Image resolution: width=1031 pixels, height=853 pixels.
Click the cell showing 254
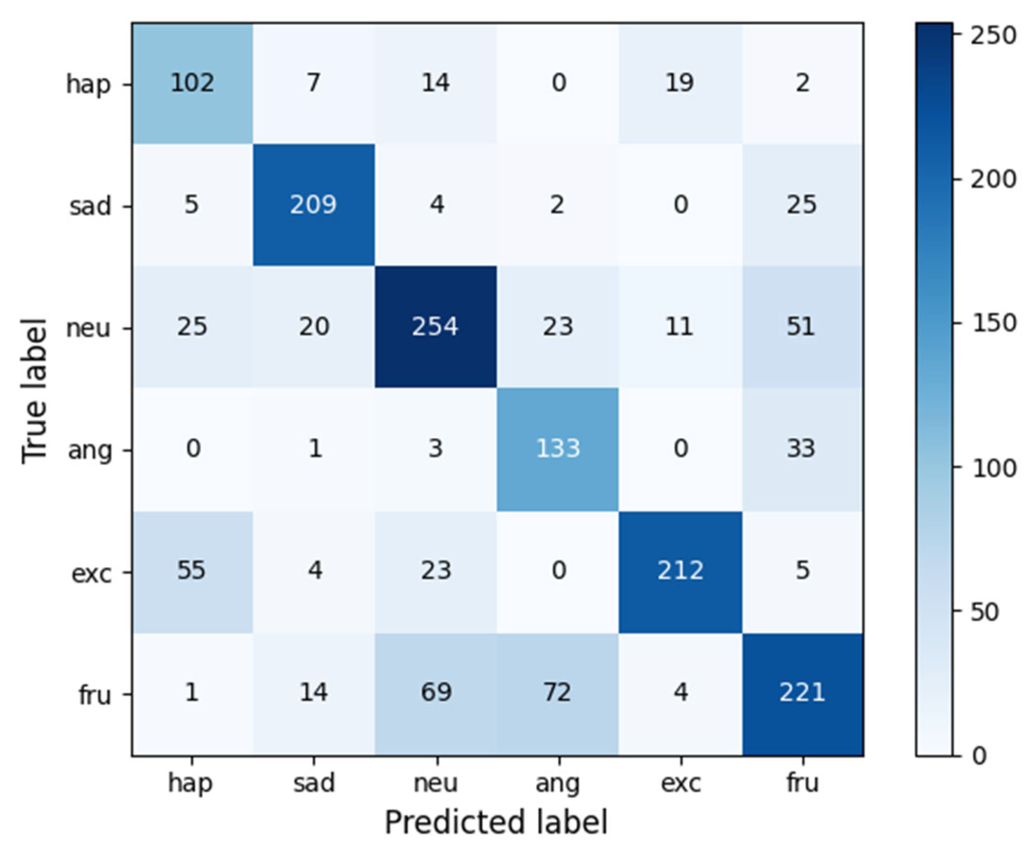pos(435,327)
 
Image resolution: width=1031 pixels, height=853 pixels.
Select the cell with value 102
pos(192,83)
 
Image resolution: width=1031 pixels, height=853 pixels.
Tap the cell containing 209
pos(313,204)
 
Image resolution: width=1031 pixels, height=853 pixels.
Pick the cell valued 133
pos(558,448)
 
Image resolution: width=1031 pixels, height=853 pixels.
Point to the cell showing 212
pos(680,570)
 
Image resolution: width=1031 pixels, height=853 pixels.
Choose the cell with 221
pos(802,692)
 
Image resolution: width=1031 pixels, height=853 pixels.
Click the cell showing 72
pos(558,692)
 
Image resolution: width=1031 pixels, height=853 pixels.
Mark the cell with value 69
pos(435,692)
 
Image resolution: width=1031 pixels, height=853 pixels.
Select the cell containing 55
pos(192,570)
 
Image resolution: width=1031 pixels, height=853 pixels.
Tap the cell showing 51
pos(802,327)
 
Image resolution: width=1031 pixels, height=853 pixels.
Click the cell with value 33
pos(802,448)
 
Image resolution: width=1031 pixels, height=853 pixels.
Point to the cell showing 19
pos(680,83)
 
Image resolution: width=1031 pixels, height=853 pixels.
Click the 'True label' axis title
pos(34,390)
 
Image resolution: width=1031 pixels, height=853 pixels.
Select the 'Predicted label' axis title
pos(496,823)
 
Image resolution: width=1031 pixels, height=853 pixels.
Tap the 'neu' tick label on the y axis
pos(88,328)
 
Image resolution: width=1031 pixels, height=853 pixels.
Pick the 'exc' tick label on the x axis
pos(681,783)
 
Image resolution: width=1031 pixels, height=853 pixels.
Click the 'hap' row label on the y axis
pos(88,84)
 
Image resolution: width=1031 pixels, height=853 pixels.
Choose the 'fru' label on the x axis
pos(802,783)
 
